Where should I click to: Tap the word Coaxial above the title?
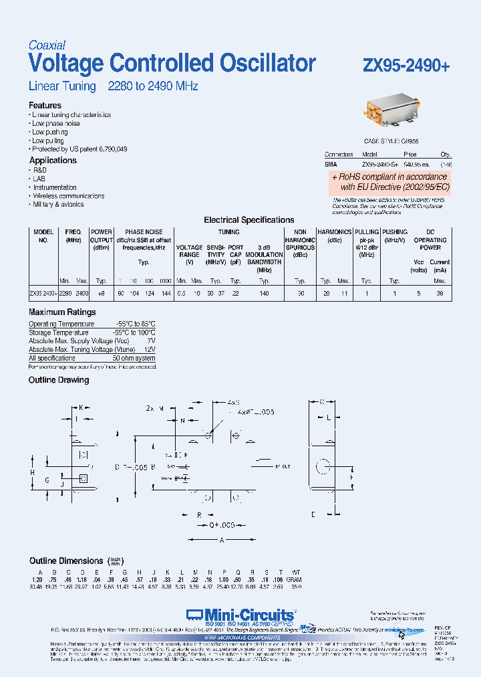point(47,45)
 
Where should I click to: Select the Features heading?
point(45,105)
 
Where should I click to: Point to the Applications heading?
point(53,161)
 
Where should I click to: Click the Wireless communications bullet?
point(69,196)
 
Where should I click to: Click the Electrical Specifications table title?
point(249,219)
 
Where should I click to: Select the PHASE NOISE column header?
point(144,231)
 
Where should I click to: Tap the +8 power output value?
point(101,293)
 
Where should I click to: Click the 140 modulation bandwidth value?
point(264,293)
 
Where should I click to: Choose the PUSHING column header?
point(395,231)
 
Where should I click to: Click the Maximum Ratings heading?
point(62,312)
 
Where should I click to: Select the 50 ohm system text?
point(134,359)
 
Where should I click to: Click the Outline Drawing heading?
point(59,380)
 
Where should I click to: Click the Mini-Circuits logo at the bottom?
point(240,615)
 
